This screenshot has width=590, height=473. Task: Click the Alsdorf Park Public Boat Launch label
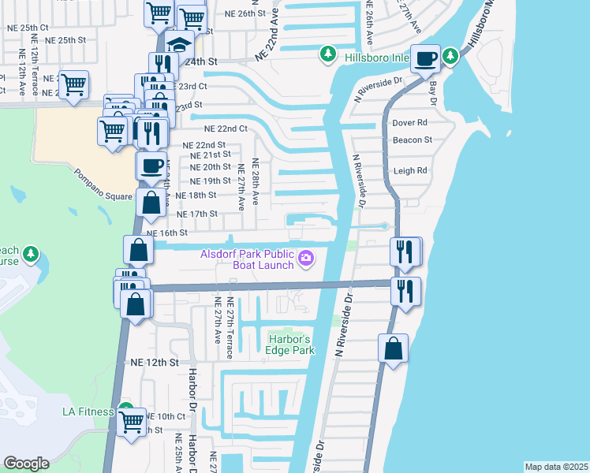[x=247, y=259]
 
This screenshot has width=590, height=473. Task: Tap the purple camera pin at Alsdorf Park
[x=306, y=258]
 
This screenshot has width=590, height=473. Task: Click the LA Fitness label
[x=89, y=411]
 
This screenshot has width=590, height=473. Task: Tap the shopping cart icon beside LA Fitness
[x=133, y=421]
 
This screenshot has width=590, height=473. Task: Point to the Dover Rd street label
[x=409, y=123]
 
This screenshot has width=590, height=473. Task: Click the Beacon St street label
[x=413, y=140]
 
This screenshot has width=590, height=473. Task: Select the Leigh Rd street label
[x=410, y=170]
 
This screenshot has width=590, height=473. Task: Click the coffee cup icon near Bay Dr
[x=426, y=59]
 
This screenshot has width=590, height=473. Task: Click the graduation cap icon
[x=180, y=45]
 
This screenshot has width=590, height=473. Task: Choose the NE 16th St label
[x=167, y=233]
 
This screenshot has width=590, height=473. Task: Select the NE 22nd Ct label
[x=226, y=128]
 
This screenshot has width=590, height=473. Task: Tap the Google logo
[x=26, y=464]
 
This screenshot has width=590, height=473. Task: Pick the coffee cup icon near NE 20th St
[x=152, y=166]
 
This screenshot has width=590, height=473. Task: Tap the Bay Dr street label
[x=431, y=93]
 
